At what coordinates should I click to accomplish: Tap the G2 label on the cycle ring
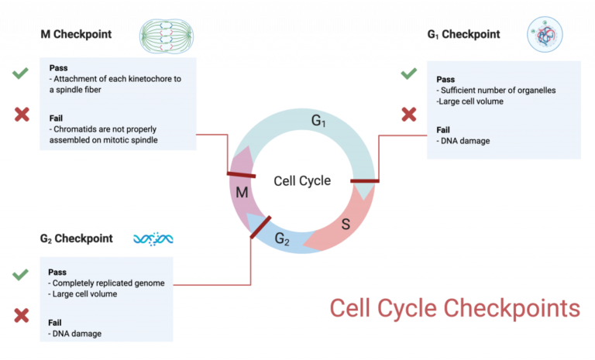(x=283, y=240)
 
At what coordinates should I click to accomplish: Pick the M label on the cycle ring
(x=241, y=191)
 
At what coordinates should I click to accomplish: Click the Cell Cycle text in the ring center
(x=301, y=181)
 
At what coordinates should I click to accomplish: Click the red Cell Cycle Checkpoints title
(x=455, y=307)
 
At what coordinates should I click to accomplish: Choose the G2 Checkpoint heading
(x=76, y=238)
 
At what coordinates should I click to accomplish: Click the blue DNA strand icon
(x=153, y=238)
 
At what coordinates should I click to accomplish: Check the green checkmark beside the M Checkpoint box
(x=21, y=74)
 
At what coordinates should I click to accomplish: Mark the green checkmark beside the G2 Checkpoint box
(x=21, y=275)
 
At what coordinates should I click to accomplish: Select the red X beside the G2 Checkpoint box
(x=21, y=315)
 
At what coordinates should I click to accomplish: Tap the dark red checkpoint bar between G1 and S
(x=364, y=181)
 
